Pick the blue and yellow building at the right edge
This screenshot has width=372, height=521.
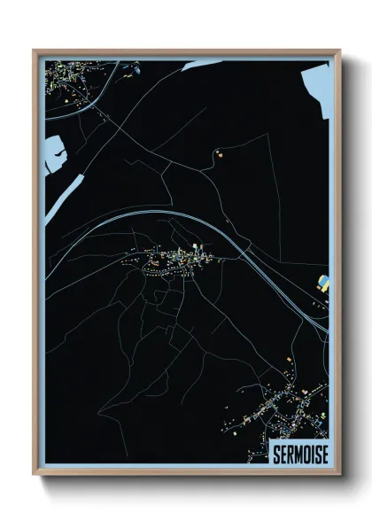click(x=324, y=284)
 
